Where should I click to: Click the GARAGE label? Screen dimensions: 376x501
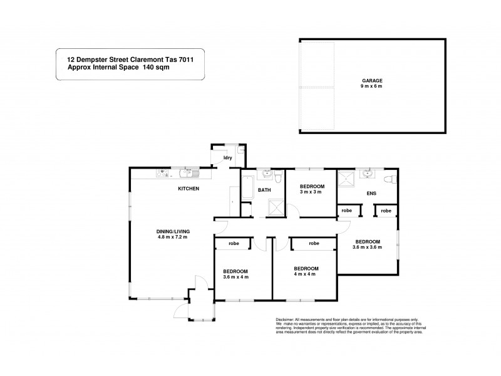(371, 81)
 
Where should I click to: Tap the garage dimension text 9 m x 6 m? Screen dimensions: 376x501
(371, 86)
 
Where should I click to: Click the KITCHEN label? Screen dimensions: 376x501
(189, 188)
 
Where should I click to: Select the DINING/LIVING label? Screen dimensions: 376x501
(173, 231)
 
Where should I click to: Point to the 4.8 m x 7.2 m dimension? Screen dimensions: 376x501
(173, 237)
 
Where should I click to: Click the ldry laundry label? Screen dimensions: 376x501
(228, 157)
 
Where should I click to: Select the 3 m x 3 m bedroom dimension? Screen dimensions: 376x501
(311, 192)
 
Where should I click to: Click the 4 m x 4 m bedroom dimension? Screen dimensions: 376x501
(306, 273)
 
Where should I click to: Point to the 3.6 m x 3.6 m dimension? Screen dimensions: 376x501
(368, 247)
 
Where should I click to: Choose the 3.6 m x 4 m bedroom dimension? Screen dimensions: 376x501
(236, 276)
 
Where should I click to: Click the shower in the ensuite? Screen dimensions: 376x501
(345, 180)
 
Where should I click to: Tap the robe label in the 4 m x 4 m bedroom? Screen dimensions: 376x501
(314, 243)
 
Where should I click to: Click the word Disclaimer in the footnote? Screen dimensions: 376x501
(286, 319)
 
